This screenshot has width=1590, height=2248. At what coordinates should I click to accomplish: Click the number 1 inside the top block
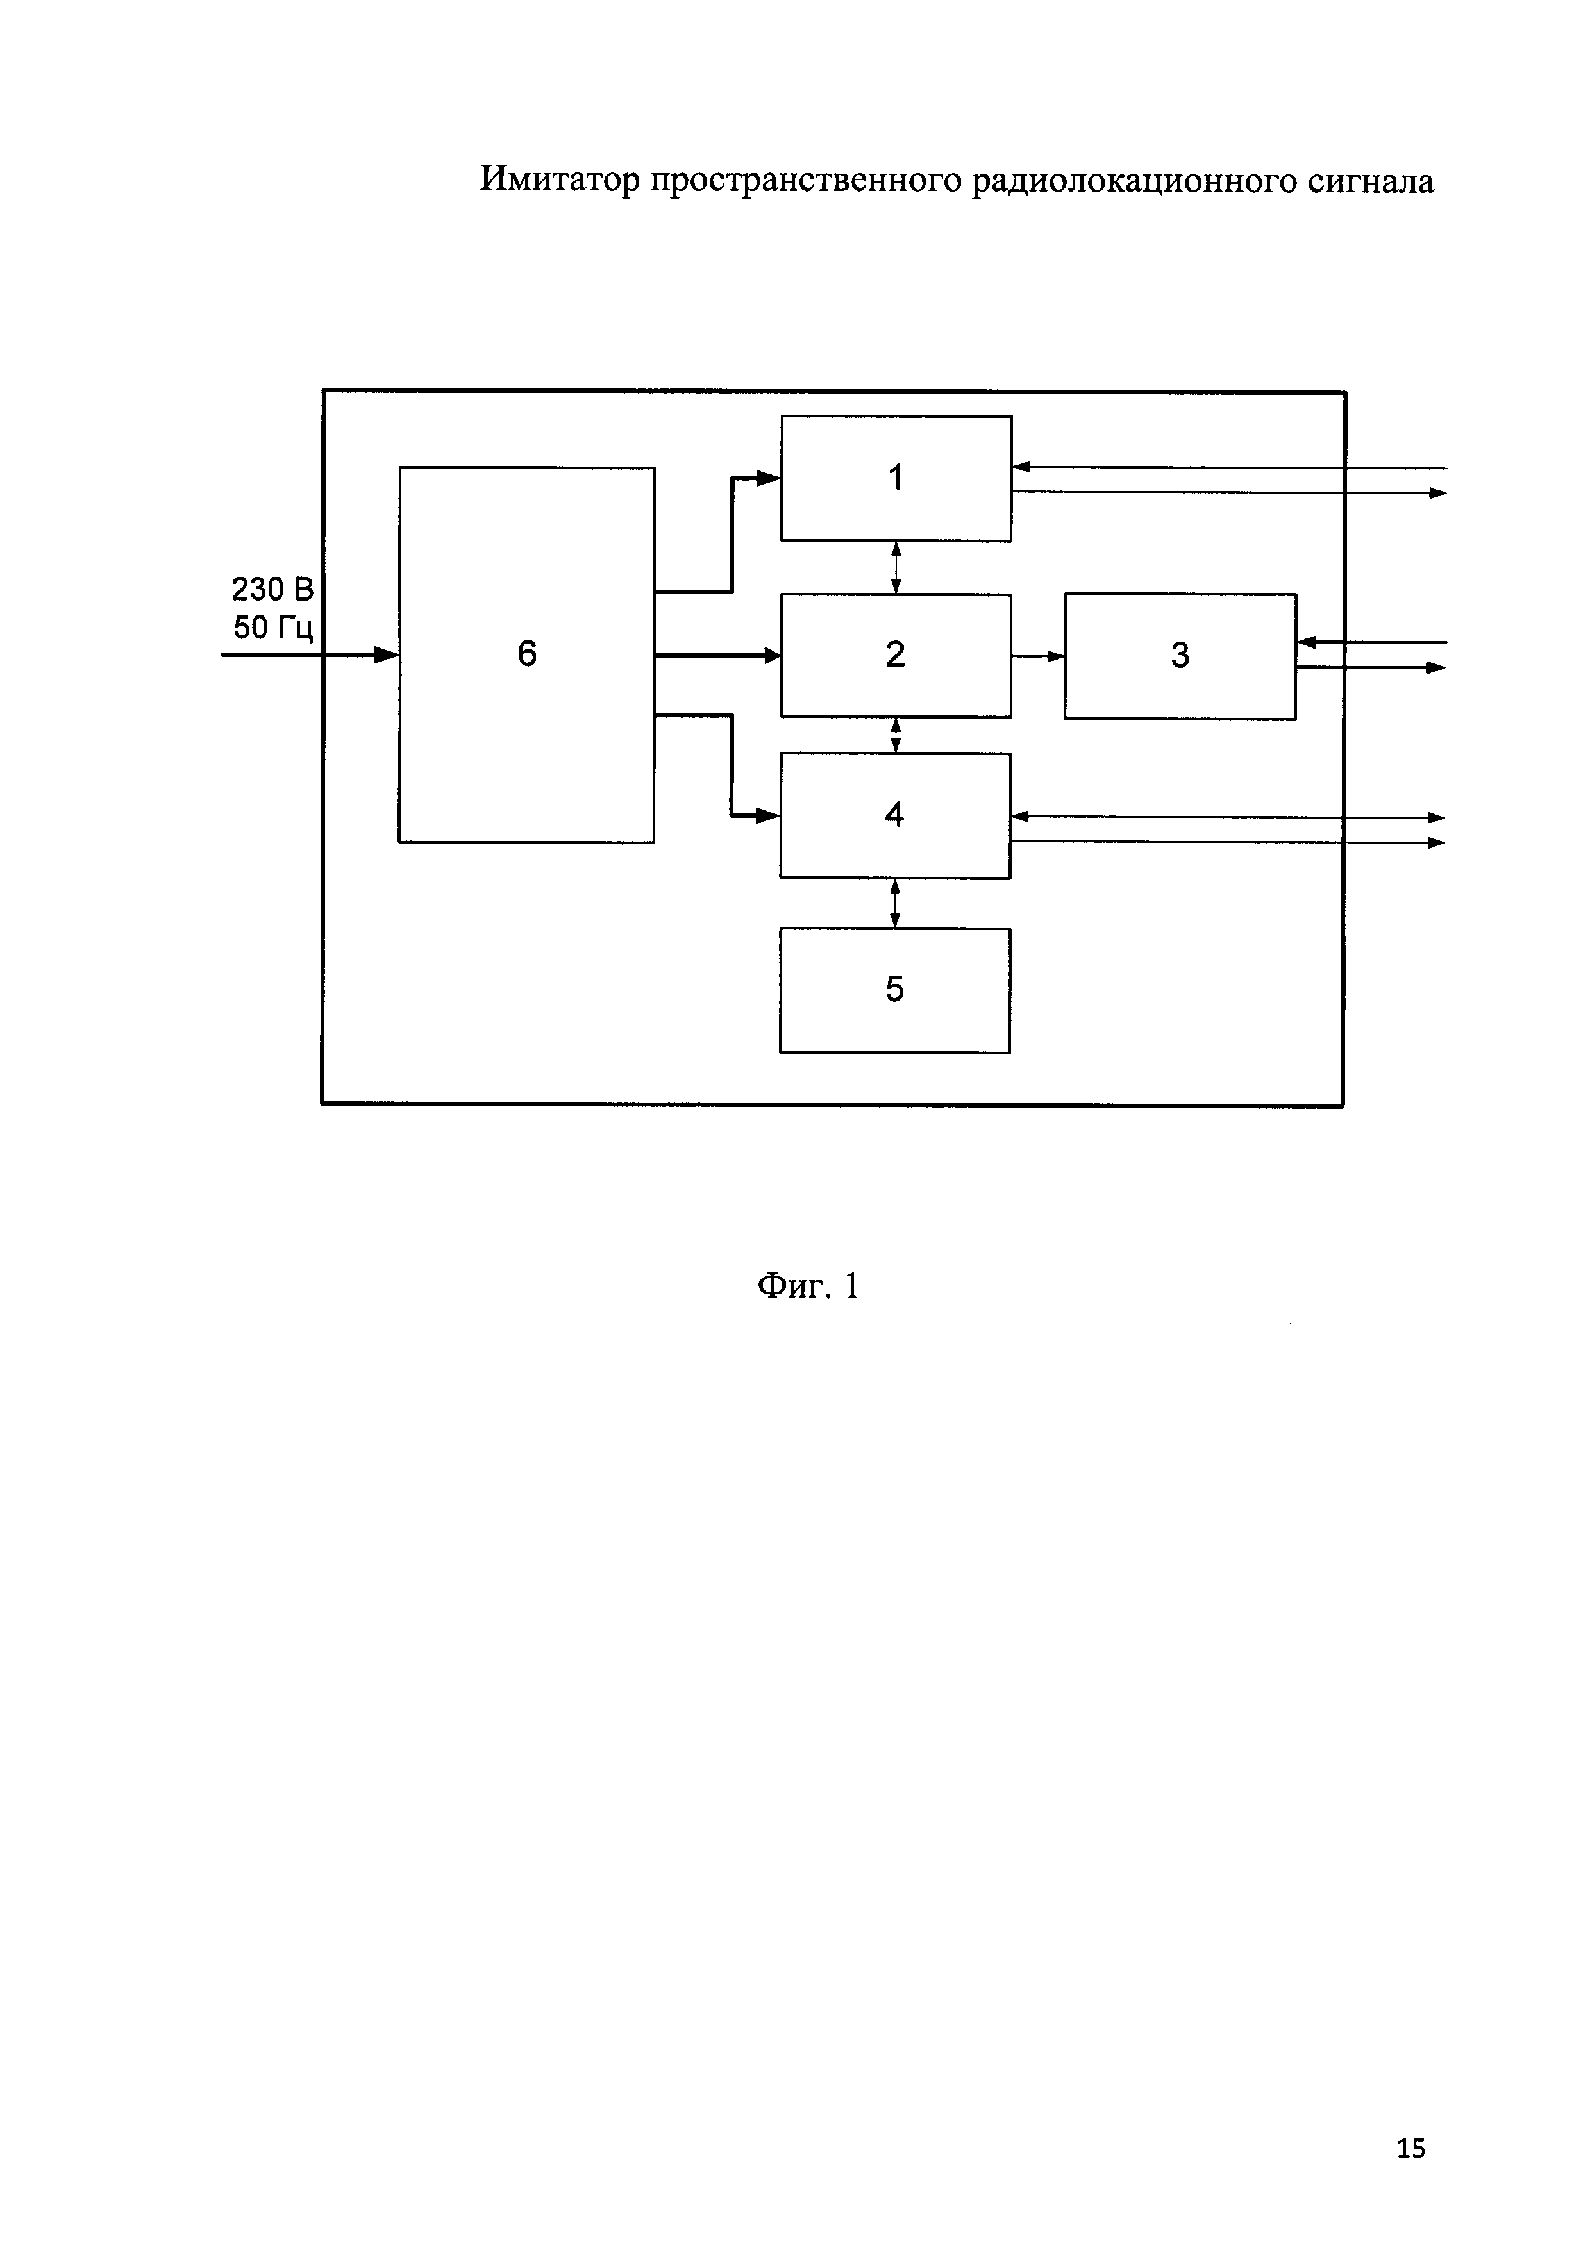point(895,478)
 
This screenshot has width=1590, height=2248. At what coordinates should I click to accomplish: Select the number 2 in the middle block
point(895,654)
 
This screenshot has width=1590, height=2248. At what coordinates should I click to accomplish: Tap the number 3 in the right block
point(1180,655)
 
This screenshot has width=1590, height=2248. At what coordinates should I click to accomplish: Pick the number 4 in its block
point(894,815)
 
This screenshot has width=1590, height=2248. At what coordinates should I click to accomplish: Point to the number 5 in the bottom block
point(894,989)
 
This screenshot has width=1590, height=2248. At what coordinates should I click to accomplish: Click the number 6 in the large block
point(527,653)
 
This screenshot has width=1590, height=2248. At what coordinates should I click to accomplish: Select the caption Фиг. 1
point(808,1286)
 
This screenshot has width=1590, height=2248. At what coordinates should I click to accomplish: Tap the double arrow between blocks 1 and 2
point(896,568)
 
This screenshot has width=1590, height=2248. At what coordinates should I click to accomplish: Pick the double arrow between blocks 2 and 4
point(896,735)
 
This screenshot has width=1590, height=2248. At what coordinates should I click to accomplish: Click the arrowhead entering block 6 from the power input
point(387,654)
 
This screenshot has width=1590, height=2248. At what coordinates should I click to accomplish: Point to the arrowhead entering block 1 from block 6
point(769,478)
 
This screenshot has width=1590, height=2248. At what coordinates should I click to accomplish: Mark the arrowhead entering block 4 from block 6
point(769,815)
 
